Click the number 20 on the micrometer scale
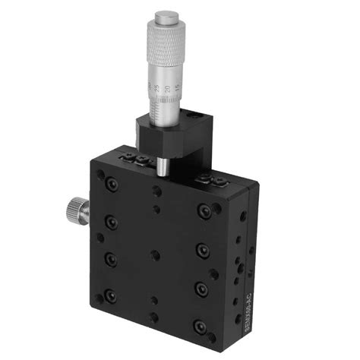point(167,89)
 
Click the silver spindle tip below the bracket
point(161,166)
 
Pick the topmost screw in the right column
point(202,210)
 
